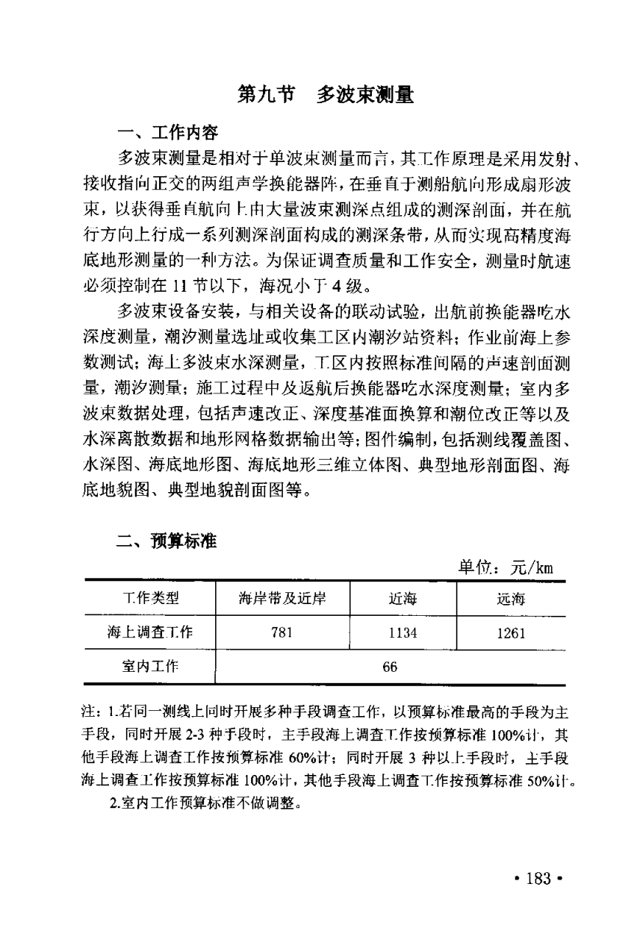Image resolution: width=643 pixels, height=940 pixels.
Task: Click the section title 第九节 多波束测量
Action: pos(325,95)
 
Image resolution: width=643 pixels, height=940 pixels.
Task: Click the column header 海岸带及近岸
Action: pos(282,599)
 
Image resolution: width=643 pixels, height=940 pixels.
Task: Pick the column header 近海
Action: pos(403,599)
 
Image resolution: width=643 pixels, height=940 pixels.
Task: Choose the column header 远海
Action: pos(510,599)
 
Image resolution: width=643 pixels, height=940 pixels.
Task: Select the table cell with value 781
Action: pos(282,632)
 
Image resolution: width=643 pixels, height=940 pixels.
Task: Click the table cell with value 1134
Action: pos(403,632)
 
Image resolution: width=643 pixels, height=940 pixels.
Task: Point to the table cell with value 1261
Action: pos(510,632)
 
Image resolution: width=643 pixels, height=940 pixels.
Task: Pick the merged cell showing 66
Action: pos(390,667)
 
